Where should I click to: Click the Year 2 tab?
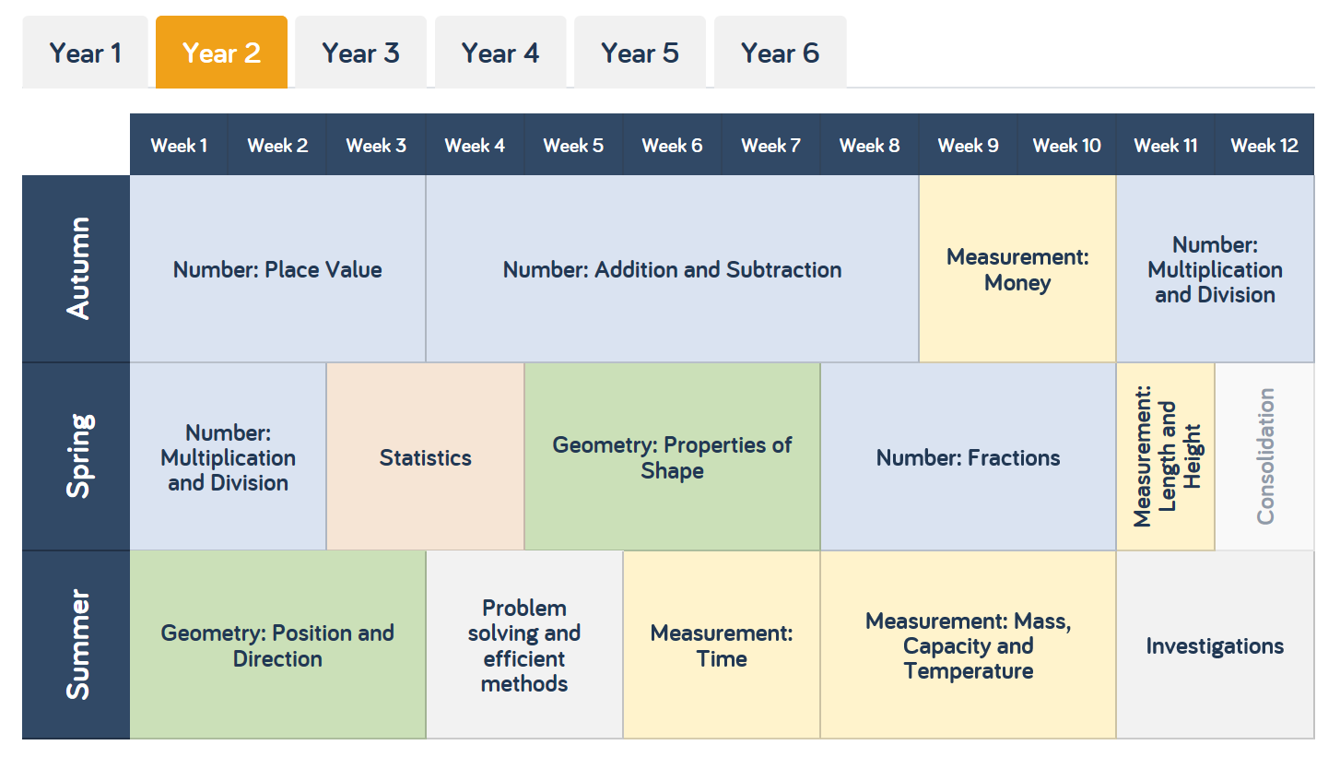221,53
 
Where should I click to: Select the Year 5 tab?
640,53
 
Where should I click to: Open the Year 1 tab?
85,53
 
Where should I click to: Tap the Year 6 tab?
780,53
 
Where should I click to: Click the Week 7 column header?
770,145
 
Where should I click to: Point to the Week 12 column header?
1264,145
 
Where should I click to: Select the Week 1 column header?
179,145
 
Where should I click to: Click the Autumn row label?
77,268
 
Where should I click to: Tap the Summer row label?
77,645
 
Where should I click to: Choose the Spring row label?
77,456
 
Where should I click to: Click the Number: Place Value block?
277,269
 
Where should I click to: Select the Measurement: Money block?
1017,269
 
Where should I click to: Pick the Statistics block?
425,457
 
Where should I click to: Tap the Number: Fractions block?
968,457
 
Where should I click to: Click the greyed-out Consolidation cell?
1264,456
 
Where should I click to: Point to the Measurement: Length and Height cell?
1166,456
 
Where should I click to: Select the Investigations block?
1215,645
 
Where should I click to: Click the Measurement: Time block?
722,645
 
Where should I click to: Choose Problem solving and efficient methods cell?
524,645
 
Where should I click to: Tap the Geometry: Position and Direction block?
277,645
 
